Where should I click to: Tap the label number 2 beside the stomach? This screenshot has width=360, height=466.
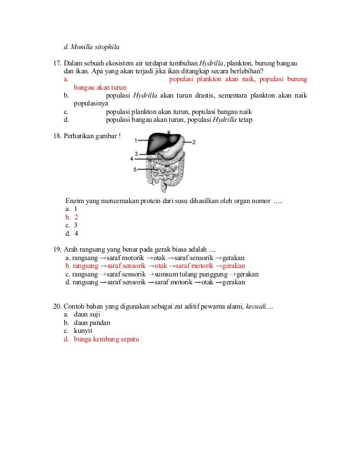194,142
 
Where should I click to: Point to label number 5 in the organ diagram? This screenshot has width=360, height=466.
135,169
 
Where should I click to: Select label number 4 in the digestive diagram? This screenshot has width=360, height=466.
131,159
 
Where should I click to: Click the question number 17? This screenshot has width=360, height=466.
57,63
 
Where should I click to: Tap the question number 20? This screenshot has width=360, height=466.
57,306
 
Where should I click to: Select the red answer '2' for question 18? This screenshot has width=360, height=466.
76,217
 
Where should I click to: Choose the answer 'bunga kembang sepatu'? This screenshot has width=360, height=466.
106,339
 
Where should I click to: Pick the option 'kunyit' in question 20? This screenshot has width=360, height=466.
83,331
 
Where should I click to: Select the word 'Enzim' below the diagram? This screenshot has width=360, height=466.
75,201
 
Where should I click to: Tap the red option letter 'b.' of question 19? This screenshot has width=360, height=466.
68,266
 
